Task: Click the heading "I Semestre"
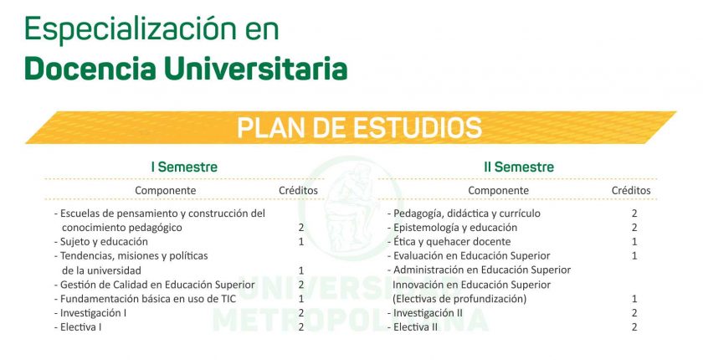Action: (x=184, y=167)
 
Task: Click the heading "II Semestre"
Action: (x=519, y=167)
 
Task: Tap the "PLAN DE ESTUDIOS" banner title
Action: (x=359, y=128)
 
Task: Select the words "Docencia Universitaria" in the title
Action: (x=186, y=69)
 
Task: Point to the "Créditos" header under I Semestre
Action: (x=298, y=191)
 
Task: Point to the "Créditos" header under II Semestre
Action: (x=631, y=191)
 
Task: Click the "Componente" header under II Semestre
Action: (x=498, y=191)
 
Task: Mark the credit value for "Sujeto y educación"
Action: (x=301, y=242)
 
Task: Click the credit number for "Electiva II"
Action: (x=634, y=327)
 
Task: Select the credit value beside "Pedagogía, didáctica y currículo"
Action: (x=634, y=213)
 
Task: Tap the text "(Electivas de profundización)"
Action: (x=459, y=299)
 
